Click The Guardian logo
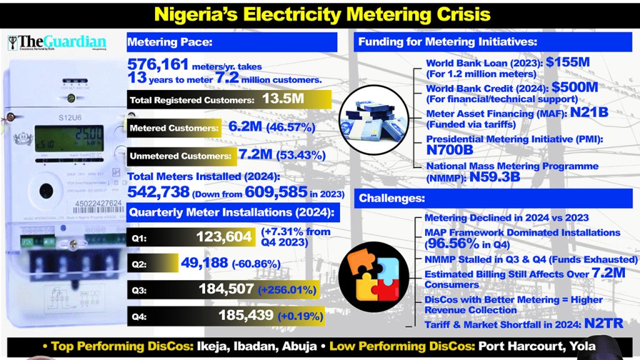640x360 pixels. click(x=56, y=43)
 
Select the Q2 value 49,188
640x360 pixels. click(x=204, y=263)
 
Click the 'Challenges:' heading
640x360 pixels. click(x=391, y=199)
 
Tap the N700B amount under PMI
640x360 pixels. click(x=449, y=151)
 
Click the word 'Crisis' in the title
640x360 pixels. click(x=450, y=13)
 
